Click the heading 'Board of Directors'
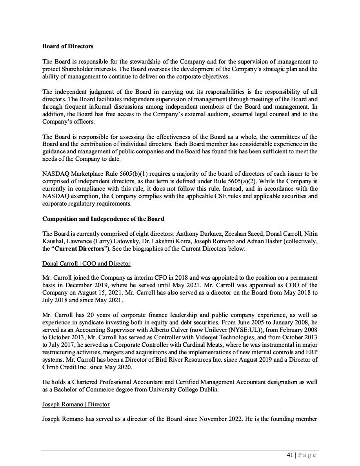68,46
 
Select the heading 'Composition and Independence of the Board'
103,218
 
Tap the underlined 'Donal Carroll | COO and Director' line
86,264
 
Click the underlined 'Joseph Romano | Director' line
76,404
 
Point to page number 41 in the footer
290,455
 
